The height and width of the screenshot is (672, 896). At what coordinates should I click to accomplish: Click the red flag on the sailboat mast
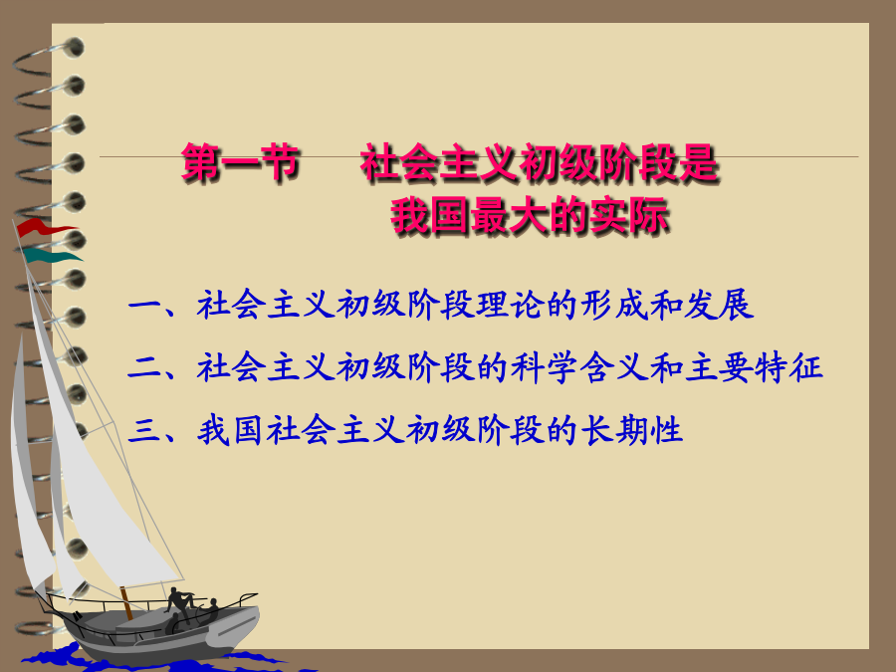tap(43, 227)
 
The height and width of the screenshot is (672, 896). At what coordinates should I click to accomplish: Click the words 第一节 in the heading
tap(241, 163)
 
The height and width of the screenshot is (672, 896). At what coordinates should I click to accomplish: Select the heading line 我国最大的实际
tap(530, 217)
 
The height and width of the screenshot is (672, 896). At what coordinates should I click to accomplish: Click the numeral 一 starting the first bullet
tap(143, 304)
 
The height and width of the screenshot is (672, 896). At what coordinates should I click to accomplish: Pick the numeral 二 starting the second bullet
tap(143, 366)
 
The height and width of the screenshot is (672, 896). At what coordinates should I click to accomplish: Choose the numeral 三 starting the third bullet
tap(143, 430)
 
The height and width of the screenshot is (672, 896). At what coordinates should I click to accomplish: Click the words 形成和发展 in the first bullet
tap(667, 304)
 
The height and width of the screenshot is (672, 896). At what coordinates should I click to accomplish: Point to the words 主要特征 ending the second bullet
tap(755, 366)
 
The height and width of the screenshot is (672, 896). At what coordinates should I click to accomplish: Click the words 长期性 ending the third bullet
tap(632, 430)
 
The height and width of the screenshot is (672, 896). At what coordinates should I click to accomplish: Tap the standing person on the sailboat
tap(179, 604)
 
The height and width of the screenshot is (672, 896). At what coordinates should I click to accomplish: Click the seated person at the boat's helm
tap(209, 610)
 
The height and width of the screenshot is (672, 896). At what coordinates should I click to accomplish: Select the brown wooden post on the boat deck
tap(126, 603)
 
